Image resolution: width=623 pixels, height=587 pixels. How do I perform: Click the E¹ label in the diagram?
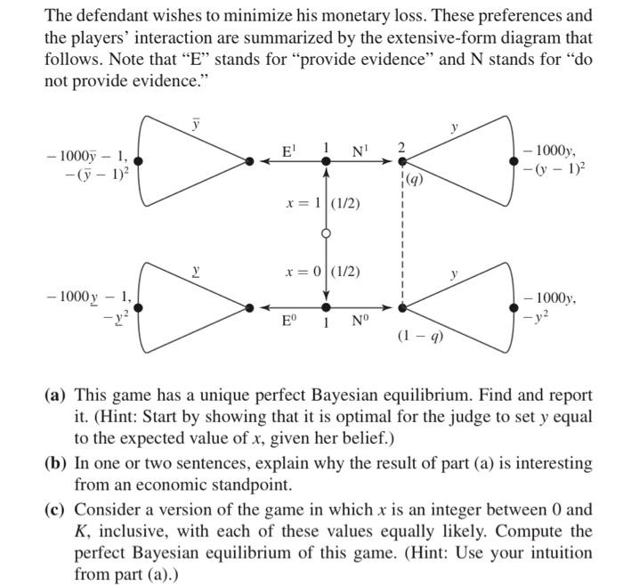point(287,151)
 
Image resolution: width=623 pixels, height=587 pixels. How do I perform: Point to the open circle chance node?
point(327,234)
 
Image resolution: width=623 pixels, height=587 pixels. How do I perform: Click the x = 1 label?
point(302,203)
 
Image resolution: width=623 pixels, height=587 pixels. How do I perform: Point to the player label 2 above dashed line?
point(401,146)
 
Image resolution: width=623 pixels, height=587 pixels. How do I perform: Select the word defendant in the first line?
point(113,16)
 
